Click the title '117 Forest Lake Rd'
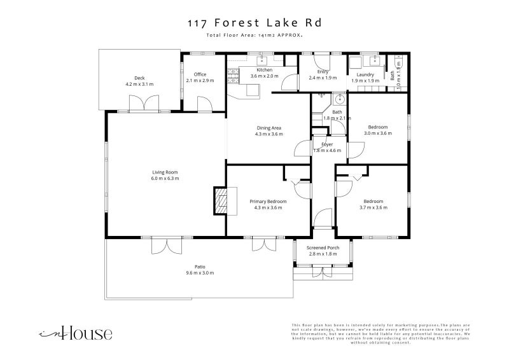tap(254, 23)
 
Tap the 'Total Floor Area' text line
tap(254, 36)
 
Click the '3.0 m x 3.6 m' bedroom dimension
tap(378, 133)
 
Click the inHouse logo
tap(76, 333)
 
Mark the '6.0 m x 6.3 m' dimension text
tap(165, 179)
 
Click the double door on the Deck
tap(141, 102)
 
